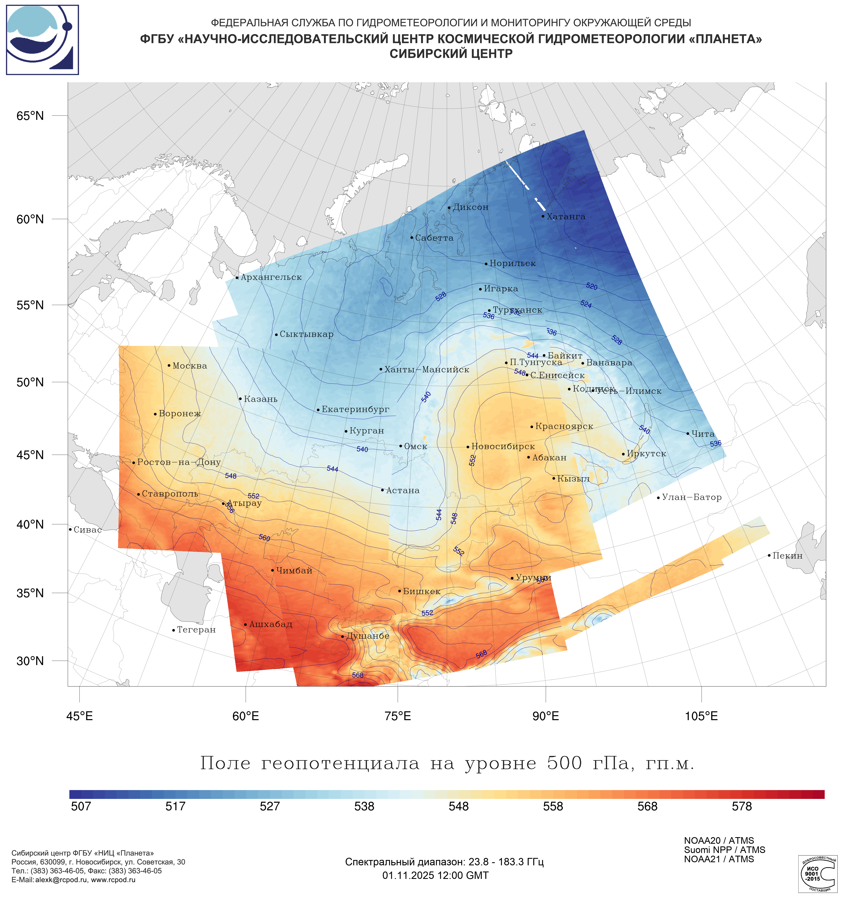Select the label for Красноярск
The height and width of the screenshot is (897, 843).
tap(564, 426)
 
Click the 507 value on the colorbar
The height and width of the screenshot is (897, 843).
tap(81, 806)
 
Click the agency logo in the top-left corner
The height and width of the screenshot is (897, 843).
tap(42, 40)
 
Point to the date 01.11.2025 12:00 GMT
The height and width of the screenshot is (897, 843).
tap(435, 875)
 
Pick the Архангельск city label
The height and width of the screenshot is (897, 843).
tap(271, 277)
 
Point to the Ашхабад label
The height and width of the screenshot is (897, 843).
tap(270, 625)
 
